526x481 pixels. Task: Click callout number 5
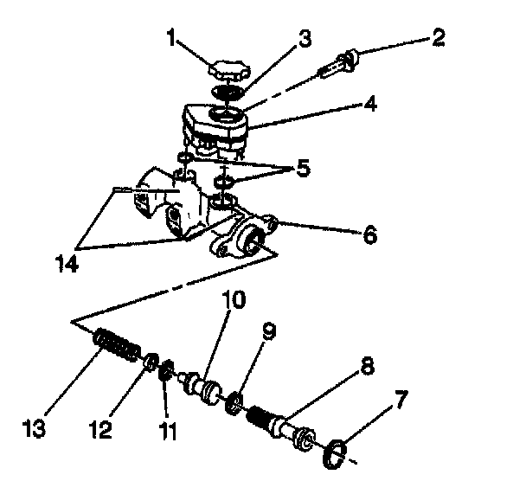(301, 168)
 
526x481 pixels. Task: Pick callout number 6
(369, 233)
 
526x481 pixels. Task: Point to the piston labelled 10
(204, 384)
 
